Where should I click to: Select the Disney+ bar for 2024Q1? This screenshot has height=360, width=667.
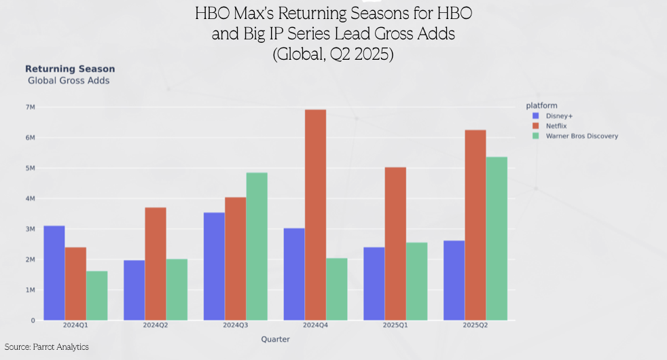54,272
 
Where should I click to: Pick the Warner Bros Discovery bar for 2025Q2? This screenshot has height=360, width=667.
497,238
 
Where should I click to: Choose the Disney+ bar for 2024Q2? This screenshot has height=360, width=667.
134,290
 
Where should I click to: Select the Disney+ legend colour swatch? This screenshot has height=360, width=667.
535,115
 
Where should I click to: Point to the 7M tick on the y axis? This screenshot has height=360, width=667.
30,107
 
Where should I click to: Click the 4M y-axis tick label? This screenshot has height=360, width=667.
30,198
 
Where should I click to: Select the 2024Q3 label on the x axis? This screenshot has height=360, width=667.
235,326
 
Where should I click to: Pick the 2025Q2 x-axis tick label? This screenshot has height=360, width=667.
475,326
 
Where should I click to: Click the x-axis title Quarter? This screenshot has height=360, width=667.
275,340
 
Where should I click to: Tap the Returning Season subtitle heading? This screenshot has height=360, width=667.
70,69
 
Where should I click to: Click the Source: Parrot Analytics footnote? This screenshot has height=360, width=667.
46,347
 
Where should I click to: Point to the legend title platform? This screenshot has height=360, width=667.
541,105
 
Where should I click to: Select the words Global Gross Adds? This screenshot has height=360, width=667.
69,80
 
